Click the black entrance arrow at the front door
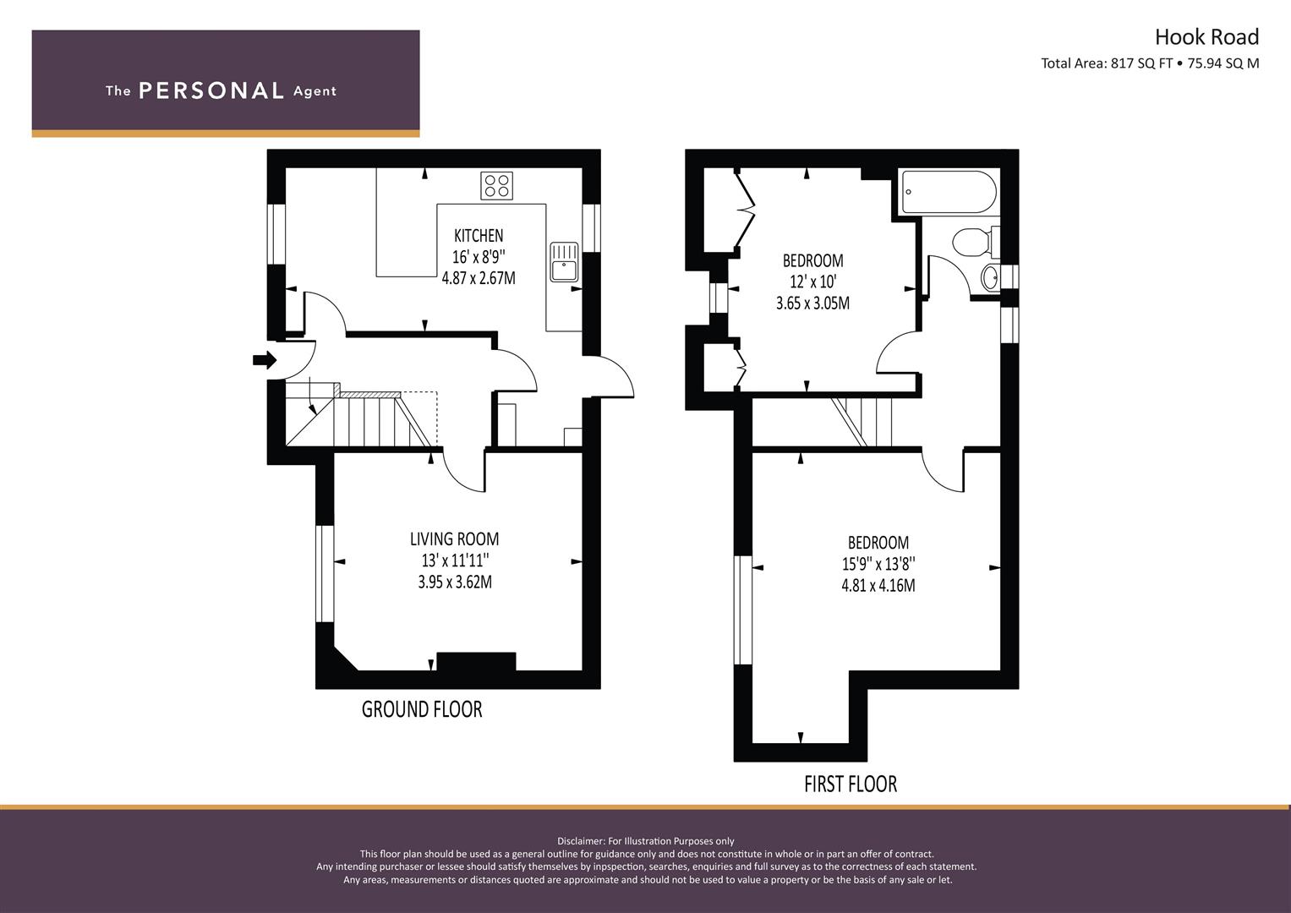265,360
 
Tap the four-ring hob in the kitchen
496,185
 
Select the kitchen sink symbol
563,260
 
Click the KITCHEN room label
479,236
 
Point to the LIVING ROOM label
454,539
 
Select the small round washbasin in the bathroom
989,276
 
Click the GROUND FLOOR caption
422,709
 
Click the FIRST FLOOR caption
850,784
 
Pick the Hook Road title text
1206,37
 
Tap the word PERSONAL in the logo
211,90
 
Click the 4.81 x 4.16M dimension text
878,584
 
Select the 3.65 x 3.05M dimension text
812,303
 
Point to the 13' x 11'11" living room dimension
455,560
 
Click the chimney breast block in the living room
476,661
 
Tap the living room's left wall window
324,575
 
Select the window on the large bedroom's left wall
742,610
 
